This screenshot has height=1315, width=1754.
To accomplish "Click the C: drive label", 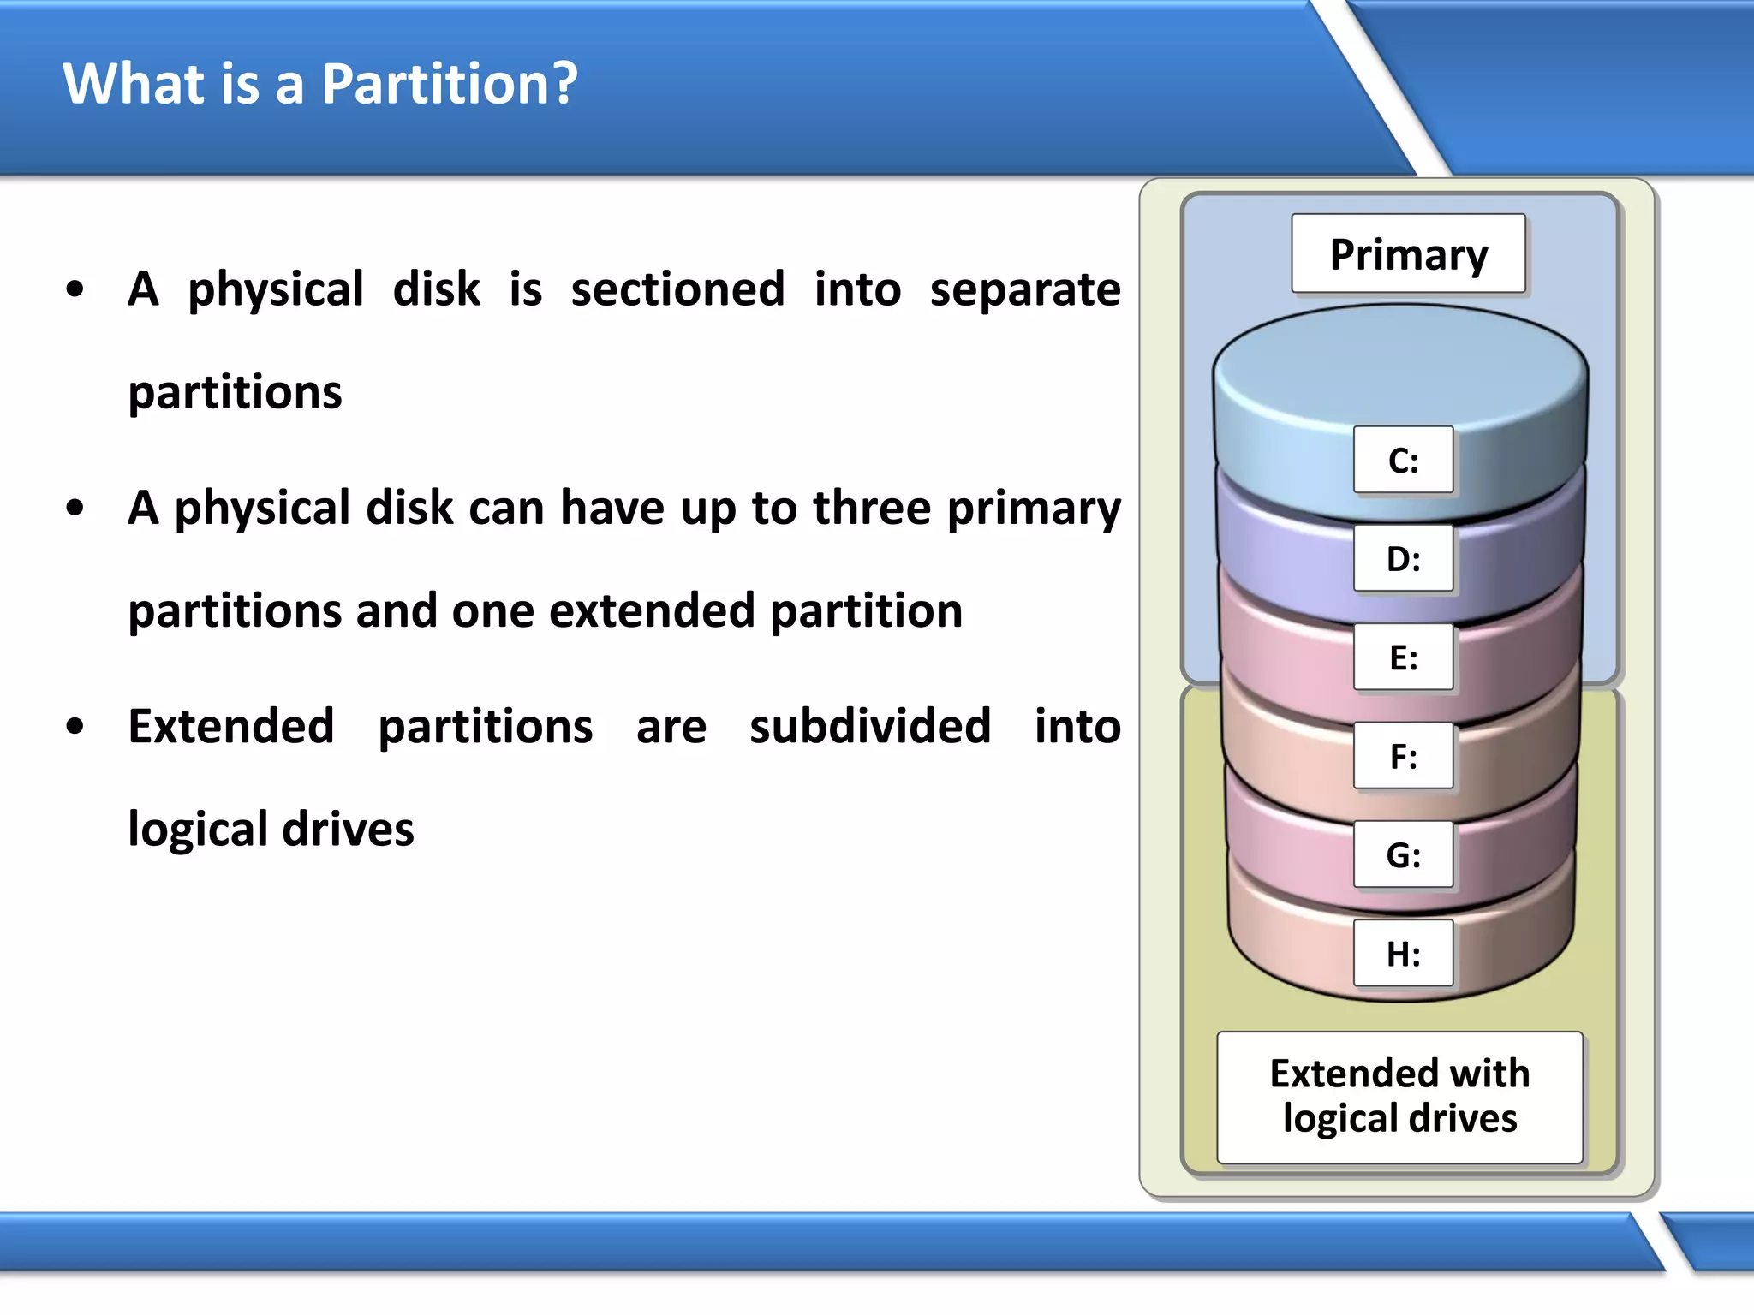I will (1403, 461).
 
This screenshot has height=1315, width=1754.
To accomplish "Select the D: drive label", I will (1403, 559).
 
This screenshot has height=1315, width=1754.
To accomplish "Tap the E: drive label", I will (1403, 657).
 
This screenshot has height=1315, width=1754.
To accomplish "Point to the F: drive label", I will (1403, 756).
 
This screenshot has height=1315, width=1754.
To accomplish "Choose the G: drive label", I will (1403, 854).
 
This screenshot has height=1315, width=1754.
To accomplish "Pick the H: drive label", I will (1403, 953).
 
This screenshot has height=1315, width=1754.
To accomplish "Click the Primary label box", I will (1408, 254).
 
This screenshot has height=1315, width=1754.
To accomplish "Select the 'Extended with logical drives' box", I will (1399, 1097).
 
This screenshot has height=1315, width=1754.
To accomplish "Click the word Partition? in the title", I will (450, 84).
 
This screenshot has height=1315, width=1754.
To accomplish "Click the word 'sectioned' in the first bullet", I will (677, 289).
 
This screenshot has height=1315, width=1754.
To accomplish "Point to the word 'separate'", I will (1025, 289).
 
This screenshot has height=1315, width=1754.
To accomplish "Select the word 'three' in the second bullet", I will (871, 508).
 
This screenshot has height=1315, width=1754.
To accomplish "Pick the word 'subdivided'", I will (870, 726).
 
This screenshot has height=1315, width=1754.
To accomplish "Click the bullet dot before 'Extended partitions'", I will (75, 727).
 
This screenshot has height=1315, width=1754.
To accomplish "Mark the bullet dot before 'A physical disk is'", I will (75, 290).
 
